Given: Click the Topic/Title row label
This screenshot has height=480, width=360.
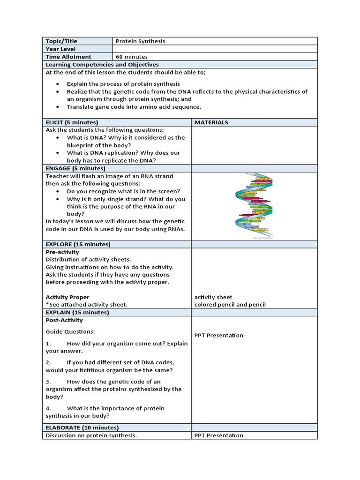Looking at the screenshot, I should point(62,41).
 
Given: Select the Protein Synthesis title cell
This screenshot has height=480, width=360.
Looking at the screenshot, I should point(140,41).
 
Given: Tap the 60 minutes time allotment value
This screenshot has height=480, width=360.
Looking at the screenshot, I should point(132,57).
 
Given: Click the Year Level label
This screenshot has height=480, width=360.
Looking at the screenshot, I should point(60,49).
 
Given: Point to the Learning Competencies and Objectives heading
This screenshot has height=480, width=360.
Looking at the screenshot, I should point(102,65).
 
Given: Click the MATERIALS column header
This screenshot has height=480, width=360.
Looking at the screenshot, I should point(211,122).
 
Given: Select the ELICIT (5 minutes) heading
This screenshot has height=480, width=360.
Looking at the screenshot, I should point(72,122).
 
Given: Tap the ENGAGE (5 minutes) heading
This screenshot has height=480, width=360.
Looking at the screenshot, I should point(75,168).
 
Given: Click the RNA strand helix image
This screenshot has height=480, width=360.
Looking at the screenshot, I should point(254,206).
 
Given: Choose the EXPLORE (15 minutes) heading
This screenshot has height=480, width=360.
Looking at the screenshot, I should point(78,244).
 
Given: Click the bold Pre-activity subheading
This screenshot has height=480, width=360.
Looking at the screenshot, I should point(62,252).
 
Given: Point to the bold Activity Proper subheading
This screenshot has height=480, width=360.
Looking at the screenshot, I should point(67,297).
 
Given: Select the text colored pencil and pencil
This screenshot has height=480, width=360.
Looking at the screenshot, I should point(230,305).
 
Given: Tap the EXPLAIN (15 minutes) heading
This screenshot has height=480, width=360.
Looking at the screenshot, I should point(77,312).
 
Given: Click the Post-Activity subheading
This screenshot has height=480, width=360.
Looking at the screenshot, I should point(64,321).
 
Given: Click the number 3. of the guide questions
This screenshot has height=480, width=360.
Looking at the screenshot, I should point(48,382).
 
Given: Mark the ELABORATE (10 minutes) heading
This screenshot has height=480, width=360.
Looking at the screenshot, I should point(82,427).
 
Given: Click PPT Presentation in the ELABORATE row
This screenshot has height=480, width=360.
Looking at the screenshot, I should point(218,435).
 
